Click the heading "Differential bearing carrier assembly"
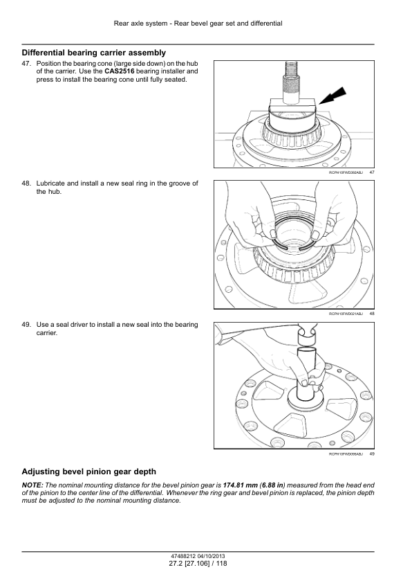point(94,53)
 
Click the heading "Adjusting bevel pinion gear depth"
point(89,472)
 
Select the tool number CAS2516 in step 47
point(119,71)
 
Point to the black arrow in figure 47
point(333,96)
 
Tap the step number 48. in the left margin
point(26,183)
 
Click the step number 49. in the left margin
point(26,325)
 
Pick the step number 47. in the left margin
point(26,64)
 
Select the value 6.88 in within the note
point(272,485)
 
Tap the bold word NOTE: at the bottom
point(32,485)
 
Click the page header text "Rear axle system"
point(140,24)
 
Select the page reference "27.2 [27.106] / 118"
point(198,564)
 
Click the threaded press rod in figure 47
point(291,82)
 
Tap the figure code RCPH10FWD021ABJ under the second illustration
point(346,314)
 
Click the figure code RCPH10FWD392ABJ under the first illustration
point(346,172)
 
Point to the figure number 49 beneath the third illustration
point(372,454)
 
